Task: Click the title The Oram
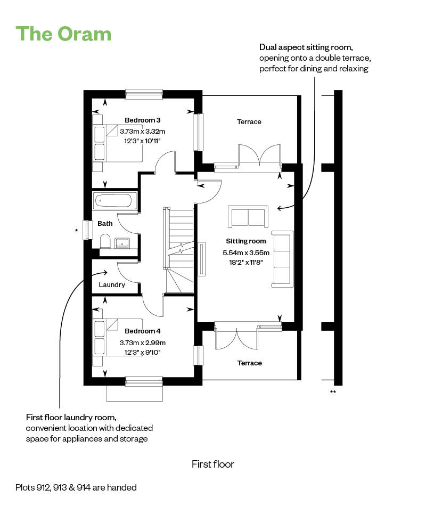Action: coord(64,34)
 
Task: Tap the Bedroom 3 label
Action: coord(142,120)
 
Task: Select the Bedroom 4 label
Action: coord(142,331)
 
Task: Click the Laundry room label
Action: coord(112,284)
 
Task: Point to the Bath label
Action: coord(105,224)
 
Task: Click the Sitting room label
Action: coord(245,241)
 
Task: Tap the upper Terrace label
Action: coord(249,122)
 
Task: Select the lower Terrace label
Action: coord(249,363)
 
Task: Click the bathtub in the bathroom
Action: coord(115,201)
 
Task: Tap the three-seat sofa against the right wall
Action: coord(282,258)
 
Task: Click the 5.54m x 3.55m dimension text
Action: coord(246,253)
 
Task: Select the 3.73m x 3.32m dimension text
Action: coord(142,131)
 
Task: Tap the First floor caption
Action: coord(212,464)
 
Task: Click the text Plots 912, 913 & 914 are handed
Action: coord(76,487)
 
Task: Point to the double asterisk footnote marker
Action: coord(333,393)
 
